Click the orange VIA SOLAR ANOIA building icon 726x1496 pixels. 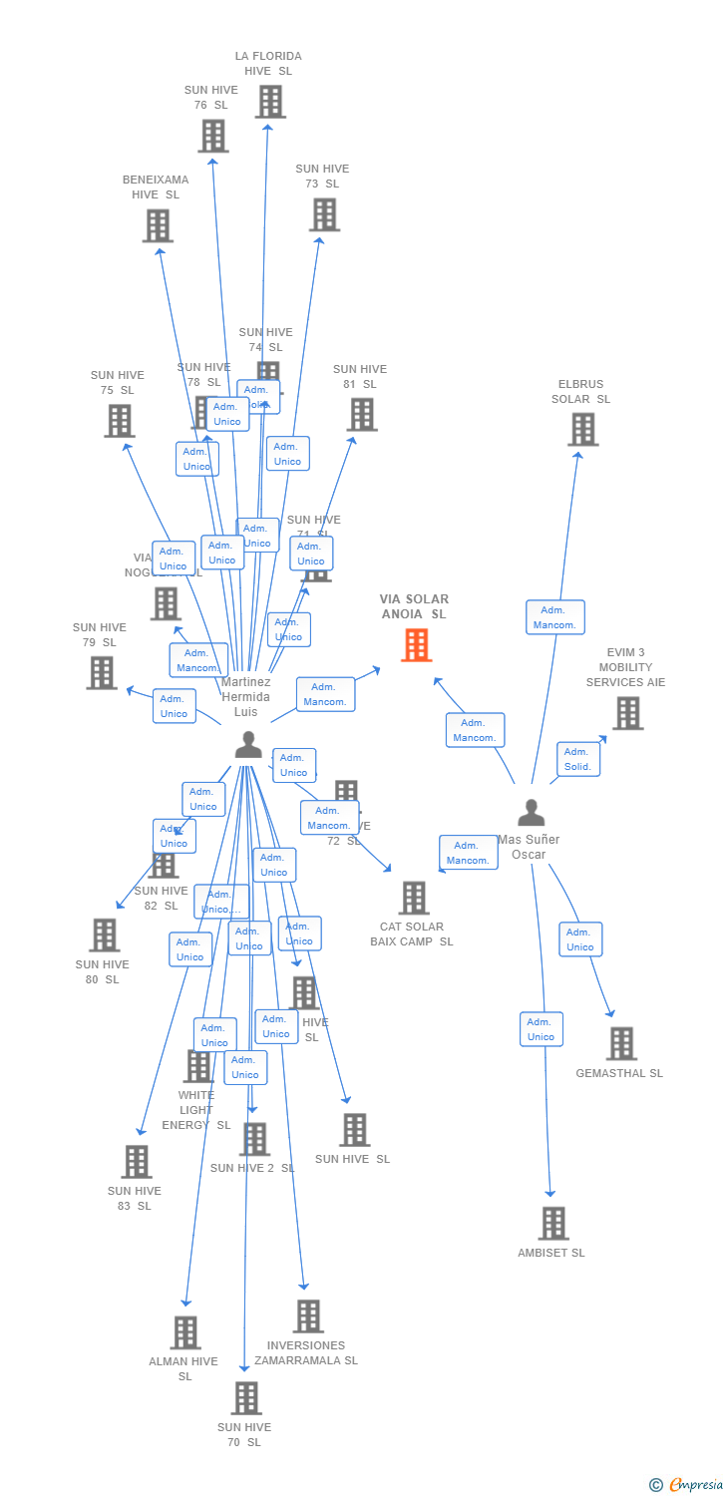tap(417, 645)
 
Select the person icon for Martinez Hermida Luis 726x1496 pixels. tap(248, 744)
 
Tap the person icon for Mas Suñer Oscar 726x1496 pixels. tap(532, 813)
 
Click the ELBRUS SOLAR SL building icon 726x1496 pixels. tap(582, 429)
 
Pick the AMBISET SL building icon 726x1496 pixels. tap(552, 1223)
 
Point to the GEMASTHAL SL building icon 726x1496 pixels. tap(621, 1043)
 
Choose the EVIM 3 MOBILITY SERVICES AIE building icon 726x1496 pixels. tap(627, 713)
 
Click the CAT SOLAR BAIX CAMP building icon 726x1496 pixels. tap(413, 898)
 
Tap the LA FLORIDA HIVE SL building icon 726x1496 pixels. tap(270, 102)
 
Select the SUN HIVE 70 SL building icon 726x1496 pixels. tap(246, 1398)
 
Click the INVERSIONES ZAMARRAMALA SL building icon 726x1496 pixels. tap(308, 1316)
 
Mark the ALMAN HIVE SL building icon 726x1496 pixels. tap(185, 1332)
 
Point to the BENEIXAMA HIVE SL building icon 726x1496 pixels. tap(158, 226)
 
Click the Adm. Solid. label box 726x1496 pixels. tap(577, 759)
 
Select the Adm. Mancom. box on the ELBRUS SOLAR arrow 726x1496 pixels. tap(554, 617)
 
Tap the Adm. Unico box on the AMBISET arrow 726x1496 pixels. tap(541, 1029)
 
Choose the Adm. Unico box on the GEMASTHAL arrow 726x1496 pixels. tap(580, 939)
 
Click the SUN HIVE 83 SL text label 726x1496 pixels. tap(135, 1198)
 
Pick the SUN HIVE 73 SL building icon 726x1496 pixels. tap(324, 214)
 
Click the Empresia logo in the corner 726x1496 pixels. tap(687, 1485)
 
